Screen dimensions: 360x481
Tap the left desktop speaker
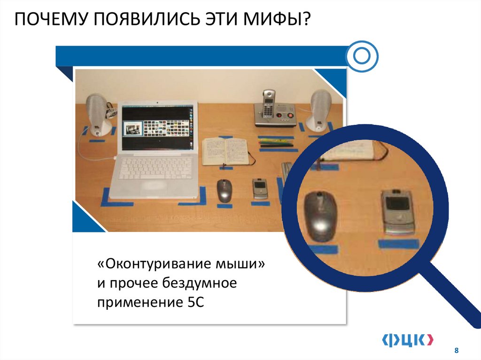pos(98,113)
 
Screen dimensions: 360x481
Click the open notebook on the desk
pos(225,151)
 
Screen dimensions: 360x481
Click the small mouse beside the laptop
pos(224,190)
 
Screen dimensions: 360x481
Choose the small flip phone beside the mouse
pos(259,189)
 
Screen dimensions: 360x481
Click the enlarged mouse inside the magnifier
pos(320,215)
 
